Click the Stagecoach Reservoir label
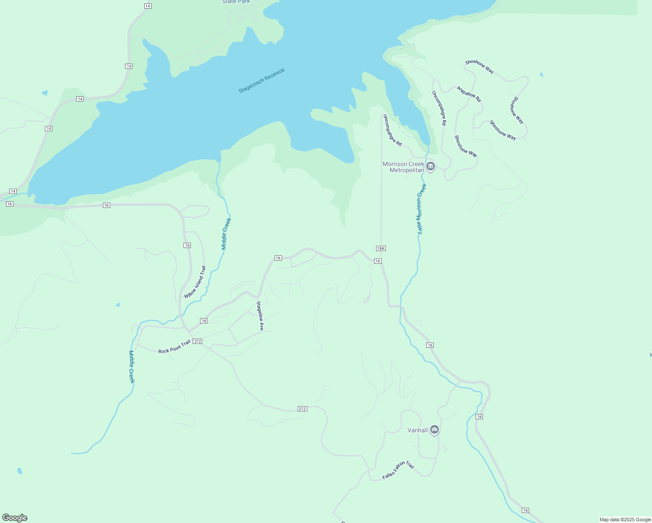tap(261, 81)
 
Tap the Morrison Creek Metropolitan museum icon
tap(431, 166)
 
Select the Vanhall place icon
tap(434, 430)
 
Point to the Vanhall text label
tap(417, 430)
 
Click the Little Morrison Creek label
tap(421, 209)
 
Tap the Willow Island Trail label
tap(195, 282)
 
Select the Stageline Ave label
tap(260, 316)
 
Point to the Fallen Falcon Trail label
tap(398, 470)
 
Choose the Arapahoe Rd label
tap(469, 94)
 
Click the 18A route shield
tap(380, 248)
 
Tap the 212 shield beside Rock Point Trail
tap(197, 341)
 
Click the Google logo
tap(15, 518)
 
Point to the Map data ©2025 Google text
tap(625, 520)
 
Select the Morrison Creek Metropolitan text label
tap(403, 167)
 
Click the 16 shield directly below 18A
tap(377, 261)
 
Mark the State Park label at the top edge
tap(236, 2)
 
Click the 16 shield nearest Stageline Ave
tap(278, 258)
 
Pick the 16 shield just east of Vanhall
tap(479, 417)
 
